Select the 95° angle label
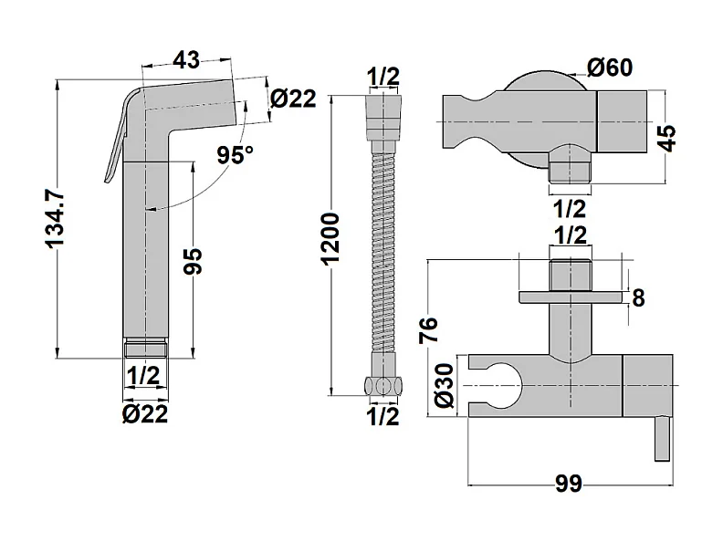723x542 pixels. (x=236, y=154)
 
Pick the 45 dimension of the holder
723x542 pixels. (x=668, y=137)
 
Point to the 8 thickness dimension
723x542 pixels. (x=638, y=297)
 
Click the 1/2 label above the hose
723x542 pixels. (x=382, y=76)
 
